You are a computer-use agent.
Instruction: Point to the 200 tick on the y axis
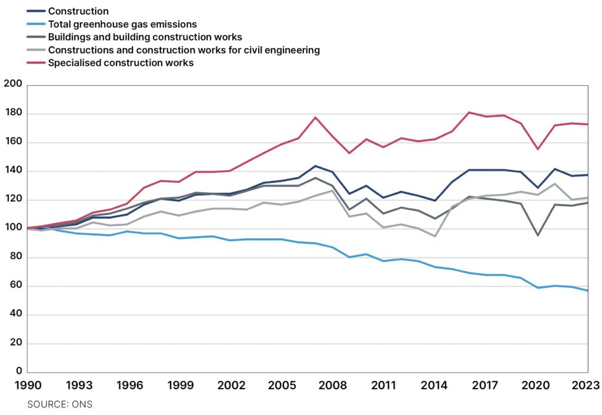click(x=13, y=83)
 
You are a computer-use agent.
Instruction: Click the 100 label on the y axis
click(x=13, y=227)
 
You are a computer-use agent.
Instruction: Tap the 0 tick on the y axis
click(x=19, y=371)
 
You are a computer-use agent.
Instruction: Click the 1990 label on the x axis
click(x=28, y=385)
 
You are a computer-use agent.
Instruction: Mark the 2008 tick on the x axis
click(x=333, y=385)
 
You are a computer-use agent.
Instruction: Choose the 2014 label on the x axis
click(x=434, y=385)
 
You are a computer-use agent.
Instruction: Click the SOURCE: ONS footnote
click(x=60, y=404)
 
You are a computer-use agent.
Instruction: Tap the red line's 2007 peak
click(x=315, y=117)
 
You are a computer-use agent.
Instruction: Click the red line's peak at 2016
click(x=469, y=112)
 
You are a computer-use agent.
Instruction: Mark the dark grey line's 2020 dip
click(x=537, y=235)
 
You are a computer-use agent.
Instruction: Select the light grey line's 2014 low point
click(x=435, y=236)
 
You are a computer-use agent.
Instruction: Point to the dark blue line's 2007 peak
click(x=315, y=166)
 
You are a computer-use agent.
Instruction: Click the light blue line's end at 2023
click(x=588, y=290)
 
